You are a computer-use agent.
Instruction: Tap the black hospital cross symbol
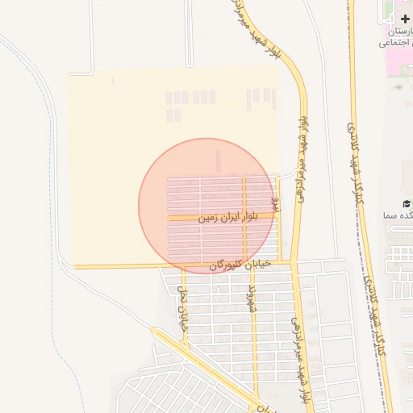(x=404, y=18)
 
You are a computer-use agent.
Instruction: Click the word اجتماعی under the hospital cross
(x=396, y=43)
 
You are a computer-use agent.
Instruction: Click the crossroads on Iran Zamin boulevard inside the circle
(x=244, y=218)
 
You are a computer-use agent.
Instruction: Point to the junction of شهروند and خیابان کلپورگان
(x=252, y=265)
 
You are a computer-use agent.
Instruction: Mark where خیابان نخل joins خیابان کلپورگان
(x=182, y=266)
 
